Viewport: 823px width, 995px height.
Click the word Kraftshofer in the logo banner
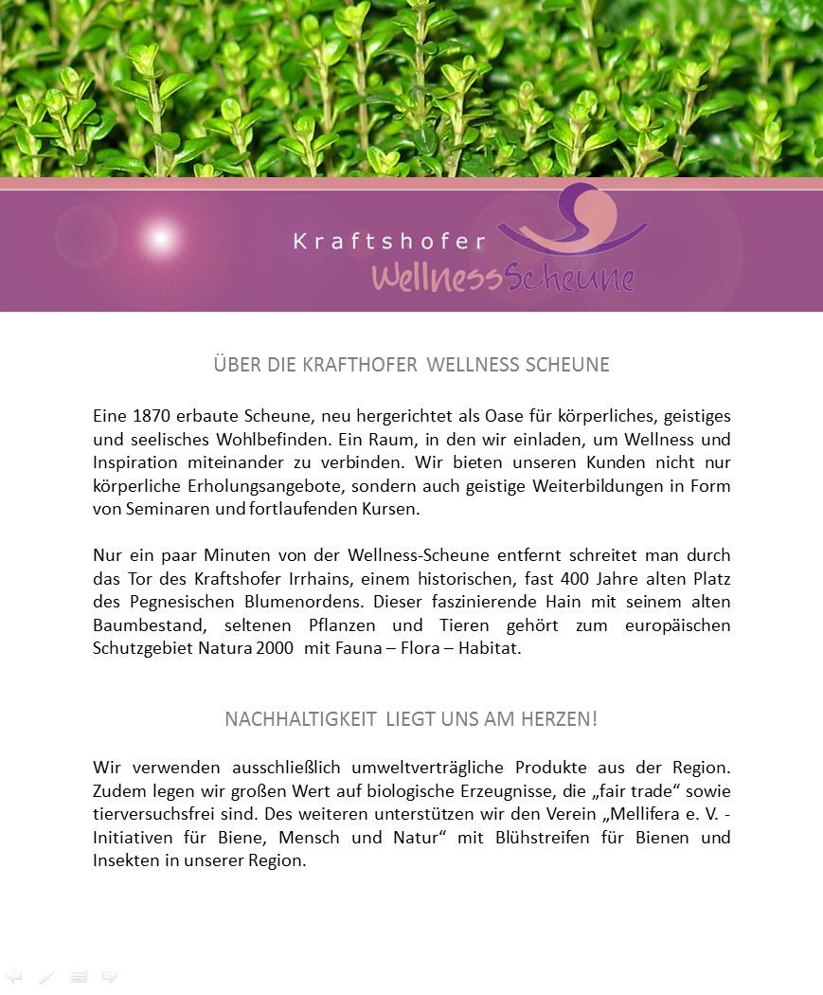389,242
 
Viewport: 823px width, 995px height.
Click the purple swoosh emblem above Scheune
572,222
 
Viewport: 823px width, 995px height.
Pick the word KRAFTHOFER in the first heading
360,365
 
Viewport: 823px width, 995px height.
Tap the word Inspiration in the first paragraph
135,462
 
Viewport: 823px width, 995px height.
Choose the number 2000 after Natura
274,648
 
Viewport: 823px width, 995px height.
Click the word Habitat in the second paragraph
490,648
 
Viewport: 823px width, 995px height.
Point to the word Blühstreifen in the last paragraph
535,838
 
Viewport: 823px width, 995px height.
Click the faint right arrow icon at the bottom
110,976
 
